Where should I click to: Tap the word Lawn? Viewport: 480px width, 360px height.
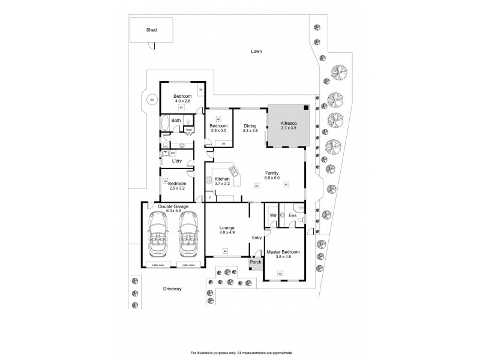tap(257, 52)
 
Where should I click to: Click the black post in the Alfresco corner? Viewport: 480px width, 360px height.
tap(307, 107)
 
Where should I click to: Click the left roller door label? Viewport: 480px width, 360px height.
tap(158, 265)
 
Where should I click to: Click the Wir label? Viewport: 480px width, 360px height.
tap(272, 215)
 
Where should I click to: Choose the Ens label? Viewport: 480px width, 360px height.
tap(292, 215)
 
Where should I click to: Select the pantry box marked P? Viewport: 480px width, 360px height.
tap(210, 197)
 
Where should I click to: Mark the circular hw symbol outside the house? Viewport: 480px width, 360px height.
tap(152, 100)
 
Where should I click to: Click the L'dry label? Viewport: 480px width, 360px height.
tap(177, 161)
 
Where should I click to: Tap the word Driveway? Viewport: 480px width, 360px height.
tap(172, 289)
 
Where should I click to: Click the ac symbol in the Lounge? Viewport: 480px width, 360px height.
tap(225, 251)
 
